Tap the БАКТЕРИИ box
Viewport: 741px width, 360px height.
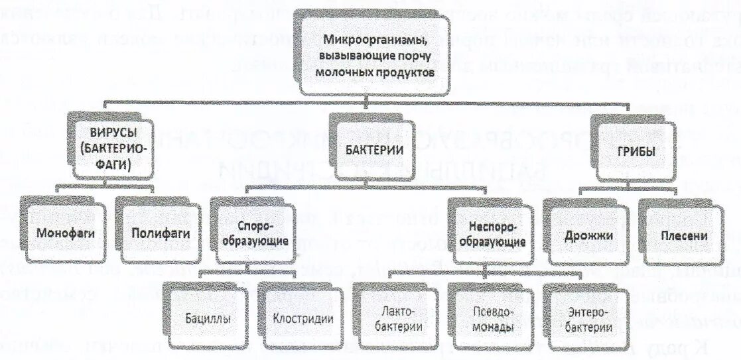[x=375, y=150]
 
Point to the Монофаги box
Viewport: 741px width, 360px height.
[x=60, y=233]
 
